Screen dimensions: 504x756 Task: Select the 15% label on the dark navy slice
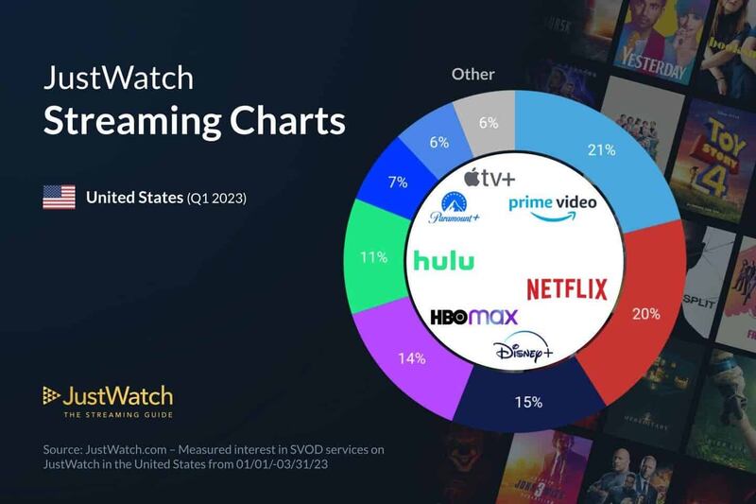pyautogui.click(x=528, y=402)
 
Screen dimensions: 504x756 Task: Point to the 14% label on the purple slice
pyautogui.click(x=412, y=360)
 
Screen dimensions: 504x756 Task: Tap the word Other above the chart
pyautogui.click(x=473, y=74)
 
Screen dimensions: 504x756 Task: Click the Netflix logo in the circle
pyautogui.click(x=566, y=288)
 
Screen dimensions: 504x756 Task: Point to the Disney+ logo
pyautogui.click(x=523, y=352)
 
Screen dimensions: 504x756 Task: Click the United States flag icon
pyautogui.click(x=60, y=198)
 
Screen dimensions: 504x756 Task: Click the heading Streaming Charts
pyautogui.click(x=195, y=123)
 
